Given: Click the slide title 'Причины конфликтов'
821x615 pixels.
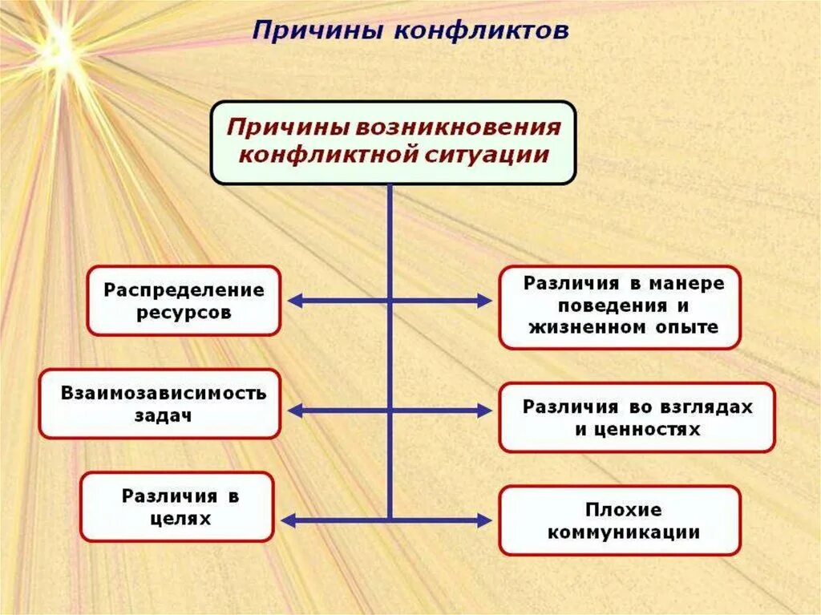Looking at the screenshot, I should click(x=410, y=31).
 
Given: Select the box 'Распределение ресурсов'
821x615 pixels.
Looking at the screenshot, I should click(x=184, y=301).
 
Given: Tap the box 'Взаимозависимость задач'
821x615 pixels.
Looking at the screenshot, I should click(x=160, y=404).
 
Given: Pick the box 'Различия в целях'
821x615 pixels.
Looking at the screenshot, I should click(x=177, y=507).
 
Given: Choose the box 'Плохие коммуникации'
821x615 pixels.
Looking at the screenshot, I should click(x=619, y=520).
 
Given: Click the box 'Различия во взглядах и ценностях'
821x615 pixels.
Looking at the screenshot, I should click(x=637, y=418).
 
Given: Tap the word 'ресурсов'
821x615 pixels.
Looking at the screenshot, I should click(x=184, y=313).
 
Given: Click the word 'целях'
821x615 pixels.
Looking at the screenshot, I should click(x=180, y=519).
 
